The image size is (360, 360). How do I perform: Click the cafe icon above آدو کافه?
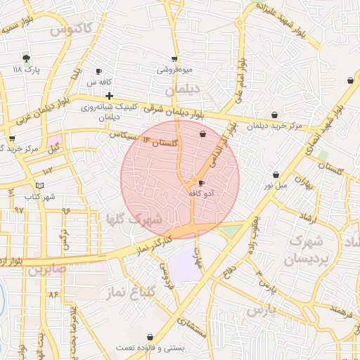[x=193, y=183]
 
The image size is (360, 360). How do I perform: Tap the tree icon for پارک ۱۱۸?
[x=27, y=58]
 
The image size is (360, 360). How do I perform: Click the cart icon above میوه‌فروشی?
[x=174, y=60]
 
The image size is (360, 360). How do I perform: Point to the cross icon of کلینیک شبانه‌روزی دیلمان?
[x=109, y=95]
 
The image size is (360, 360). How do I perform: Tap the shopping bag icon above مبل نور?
[x=276, y=174]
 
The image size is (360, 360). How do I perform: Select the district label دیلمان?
[x=182, y=91]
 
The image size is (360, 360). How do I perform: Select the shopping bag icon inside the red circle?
[x=203, y=134]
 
